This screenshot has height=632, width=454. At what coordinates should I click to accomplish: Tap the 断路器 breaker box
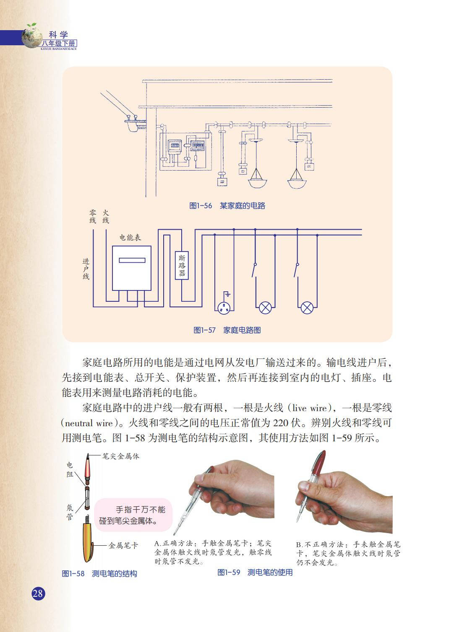pyautogui.click(x=182, y=265)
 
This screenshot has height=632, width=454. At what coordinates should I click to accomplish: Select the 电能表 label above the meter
pyautogui.click(x=130, y=237)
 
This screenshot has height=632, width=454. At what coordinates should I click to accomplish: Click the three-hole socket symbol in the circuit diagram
pyautogui.click(x=224, y=308)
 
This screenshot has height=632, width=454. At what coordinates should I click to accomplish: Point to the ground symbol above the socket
pyautogui.click(x=227, y=294)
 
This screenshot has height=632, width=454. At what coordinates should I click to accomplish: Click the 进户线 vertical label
pyautogui.click(x=86, y=269)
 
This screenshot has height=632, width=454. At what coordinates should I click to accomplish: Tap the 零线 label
pyautogui.click(x=93, y=216)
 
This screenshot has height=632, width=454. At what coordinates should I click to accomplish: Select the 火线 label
pyautogui.click(x=106, y=216)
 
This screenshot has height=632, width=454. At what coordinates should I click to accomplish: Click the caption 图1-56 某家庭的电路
pyautogui.click(x=227, y=206)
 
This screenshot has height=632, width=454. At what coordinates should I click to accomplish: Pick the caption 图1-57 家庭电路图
pyautogui.click(x=227, y=330)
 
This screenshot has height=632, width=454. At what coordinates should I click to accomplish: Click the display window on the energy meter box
pyautogui.click(x=132, y=260)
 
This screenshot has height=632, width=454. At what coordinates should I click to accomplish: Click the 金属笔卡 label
pyautogui.click(x=123, y=545)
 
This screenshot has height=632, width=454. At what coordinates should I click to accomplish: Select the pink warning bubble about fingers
pyautogui.click(x=133, y=515)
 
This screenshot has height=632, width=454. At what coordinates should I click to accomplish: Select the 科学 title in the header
pyautogui.click(x=58, y=35)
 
